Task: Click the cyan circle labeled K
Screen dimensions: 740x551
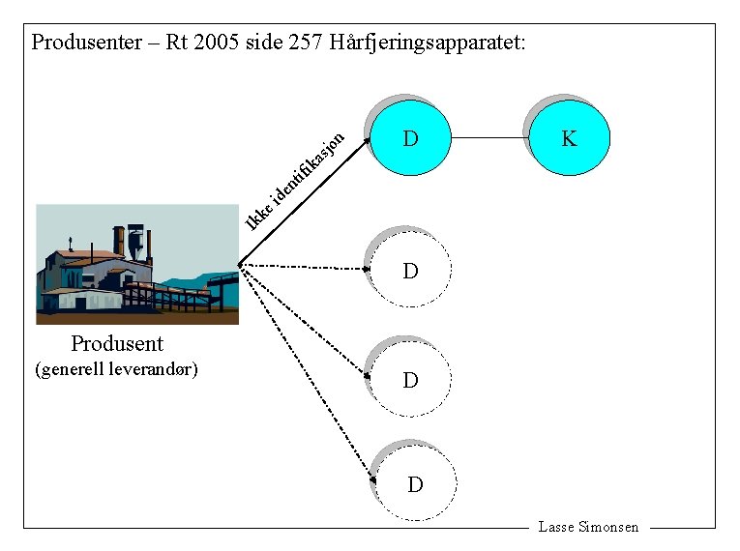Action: pos(570,138)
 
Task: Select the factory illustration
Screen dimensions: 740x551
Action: pos(136,264)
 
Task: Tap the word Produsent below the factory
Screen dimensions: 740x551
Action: pos(117,344)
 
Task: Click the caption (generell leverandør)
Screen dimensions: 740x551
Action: pos(116,369)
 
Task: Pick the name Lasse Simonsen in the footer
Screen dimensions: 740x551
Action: pos(588,527)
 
